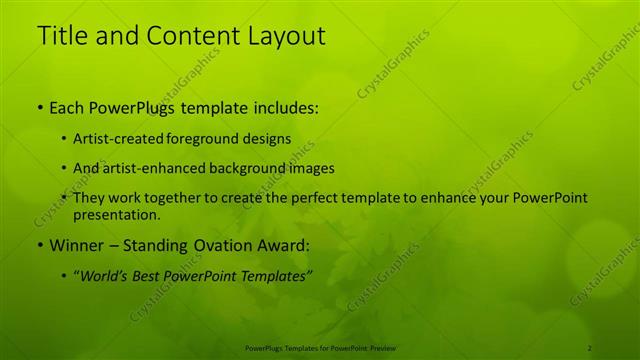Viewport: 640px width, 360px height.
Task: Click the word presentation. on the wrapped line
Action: [x=116, y=215]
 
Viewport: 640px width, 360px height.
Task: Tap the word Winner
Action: [x=72, y=244]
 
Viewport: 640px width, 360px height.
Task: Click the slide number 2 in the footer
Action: [x=589, y=347]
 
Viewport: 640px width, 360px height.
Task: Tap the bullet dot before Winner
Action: [x=39, y=244]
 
